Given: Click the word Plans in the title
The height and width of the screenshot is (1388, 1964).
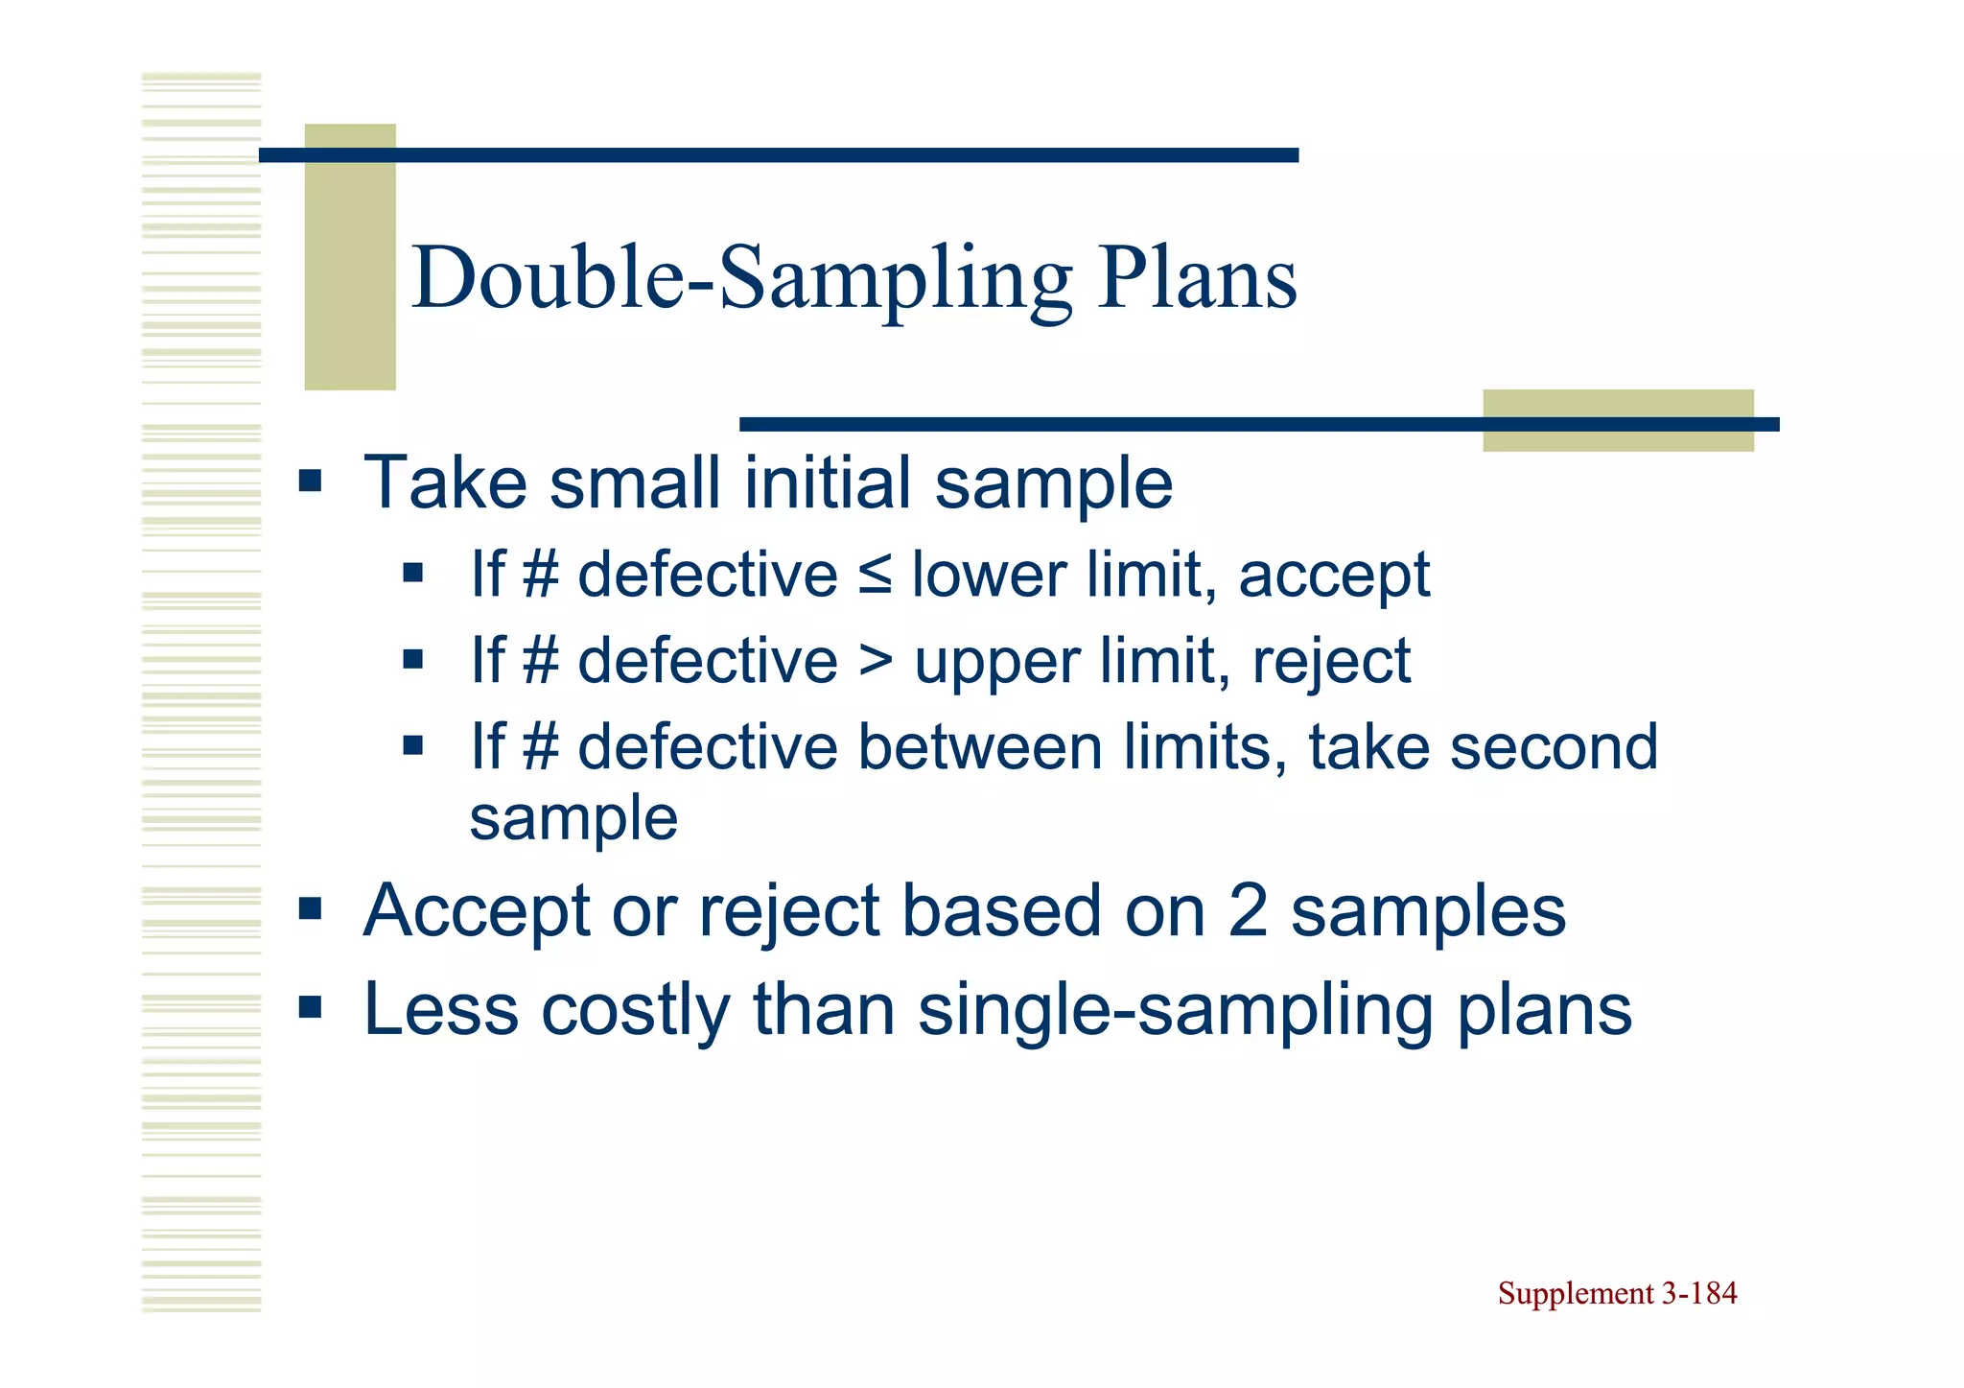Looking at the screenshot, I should click(x=1198, y=278).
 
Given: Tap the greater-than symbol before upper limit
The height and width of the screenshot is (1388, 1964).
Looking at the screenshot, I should click(x=875, y=662).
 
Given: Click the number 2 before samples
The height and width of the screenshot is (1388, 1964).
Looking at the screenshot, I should click(x=1248, y=911).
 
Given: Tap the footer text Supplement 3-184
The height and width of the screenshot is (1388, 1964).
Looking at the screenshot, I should click(x=1617, y=1294).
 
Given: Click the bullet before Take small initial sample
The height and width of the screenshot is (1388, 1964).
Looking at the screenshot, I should click(x=310, y=480).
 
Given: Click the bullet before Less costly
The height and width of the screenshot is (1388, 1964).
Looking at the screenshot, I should click(x=310, y=1007).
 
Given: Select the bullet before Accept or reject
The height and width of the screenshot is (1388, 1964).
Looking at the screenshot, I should click(x=310, y=907).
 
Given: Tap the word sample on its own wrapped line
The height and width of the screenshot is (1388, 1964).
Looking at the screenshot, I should click(x=573, y=819).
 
